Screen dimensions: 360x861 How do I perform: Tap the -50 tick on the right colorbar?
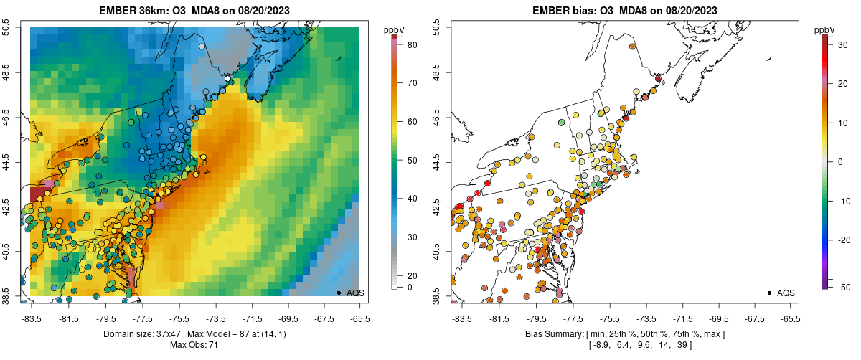[x=840, y=287]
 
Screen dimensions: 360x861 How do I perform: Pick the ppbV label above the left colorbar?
[x=394, y=29]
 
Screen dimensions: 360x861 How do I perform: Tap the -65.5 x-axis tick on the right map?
[x=789, y=318]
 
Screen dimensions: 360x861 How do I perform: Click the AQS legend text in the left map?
[x=356, y=293]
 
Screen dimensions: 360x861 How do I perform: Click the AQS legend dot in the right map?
[x=769, y=293]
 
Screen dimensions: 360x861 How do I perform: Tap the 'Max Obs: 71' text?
[x=194, y=346]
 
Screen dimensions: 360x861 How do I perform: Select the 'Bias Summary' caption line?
[x=624, y=335]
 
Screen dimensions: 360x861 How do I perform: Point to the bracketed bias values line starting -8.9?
[x=624, y=346]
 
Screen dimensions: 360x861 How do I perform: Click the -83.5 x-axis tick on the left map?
[x=31, y=318]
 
